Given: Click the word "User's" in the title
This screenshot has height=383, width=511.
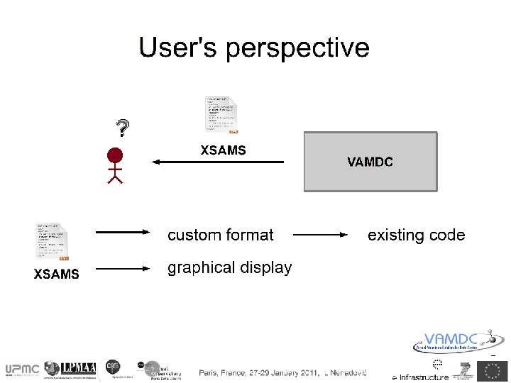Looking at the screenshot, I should point(178,48).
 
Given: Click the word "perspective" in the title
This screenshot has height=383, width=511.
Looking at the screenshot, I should point(297,49).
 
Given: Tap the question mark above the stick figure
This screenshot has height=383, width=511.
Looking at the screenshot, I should point(123,128).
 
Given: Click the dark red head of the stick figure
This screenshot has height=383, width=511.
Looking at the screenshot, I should point(114,155).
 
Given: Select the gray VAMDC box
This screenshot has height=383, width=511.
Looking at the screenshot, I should point(370,162).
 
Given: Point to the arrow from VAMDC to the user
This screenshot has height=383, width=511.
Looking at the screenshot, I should point(219,162).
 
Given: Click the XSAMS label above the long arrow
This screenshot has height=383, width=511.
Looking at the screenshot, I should point(223,150).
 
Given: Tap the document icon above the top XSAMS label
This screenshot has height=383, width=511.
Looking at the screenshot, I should point(221,114).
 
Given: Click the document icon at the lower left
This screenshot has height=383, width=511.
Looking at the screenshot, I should point(53,242).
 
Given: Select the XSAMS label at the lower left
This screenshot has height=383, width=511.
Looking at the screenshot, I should point(57,274).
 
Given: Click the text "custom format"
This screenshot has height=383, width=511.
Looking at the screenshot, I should point(220,235).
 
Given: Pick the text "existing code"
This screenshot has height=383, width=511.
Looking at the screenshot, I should point(416,235).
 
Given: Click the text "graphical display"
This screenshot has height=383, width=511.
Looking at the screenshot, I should point(229,268).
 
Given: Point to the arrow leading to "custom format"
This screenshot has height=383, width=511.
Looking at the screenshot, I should point(123,232).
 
